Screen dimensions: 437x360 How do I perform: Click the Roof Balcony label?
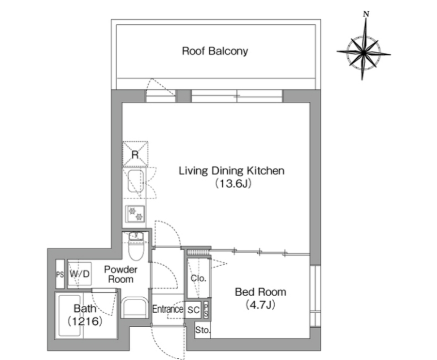pyautogui.click(x=215, y=51)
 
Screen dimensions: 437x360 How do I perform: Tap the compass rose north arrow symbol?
pyautogui.click(x=364, y=53)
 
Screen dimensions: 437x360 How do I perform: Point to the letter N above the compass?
pyautogui.click(x=366, y=14)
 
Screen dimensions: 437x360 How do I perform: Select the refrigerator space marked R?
pyautogui.click(x=135, y=154)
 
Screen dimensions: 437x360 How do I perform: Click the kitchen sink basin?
pyautogui.click(x=136, y=181)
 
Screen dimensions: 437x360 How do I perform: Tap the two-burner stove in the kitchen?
pyautogui.click(x=135, y=214)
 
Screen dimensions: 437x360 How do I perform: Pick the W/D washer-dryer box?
pyautogui.click(x=80, y=274)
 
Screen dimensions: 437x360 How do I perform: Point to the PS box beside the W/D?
pyautogui.click(x=60, y=274)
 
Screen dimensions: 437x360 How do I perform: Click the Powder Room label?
pyautogui.click(x=120, y=274)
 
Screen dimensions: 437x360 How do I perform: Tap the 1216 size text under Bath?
pyautogui.click(x=85, y=322)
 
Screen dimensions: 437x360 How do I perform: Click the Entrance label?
pyautogui.click(x=167, y=309)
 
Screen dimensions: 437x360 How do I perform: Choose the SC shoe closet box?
pyautogui.click(x=193, y=310)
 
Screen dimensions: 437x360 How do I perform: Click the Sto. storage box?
pyautogui.click(x=202, y=330)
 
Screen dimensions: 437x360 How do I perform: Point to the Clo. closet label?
pyautogui.click(x=198, y=278)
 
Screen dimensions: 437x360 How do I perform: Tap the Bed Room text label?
pyautogui.click(x=261, y=292)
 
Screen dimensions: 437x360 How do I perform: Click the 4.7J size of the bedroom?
pyautogui.click(x=261, y=305)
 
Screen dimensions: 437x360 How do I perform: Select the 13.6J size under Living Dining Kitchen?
pyautogui.click(x=233, y=183)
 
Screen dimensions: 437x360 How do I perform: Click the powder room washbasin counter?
pyautogui.click(x=135, y=308)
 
